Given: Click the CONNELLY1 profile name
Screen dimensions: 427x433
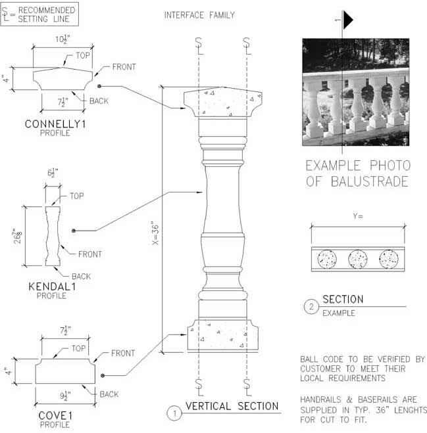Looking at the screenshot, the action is [x=55, y=124].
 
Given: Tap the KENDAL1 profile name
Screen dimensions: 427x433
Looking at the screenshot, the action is [x=52, y=286].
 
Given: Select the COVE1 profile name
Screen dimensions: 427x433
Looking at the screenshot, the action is [x=55, y=416].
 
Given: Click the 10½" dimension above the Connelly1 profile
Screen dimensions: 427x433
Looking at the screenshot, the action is [x=63, y=39].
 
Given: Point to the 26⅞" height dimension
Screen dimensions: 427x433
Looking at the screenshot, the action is [x=18, y=236].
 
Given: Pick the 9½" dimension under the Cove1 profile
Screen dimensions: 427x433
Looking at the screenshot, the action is [x=65, y=396].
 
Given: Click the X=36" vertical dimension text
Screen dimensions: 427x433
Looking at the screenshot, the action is [x=155, y=233].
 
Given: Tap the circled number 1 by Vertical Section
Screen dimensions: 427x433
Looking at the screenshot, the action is [x=174, y=413].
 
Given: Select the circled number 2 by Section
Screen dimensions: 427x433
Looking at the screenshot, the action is [x=311, y=307].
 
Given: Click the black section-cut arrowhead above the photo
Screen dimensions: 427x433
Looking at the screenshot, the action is [x=348, y=20].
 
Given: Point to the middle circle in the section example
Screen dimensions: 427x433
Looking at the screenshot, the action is [x=358, y=260].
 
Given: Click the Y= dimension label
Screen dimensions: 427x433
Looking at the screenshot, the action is [x=358, y=216].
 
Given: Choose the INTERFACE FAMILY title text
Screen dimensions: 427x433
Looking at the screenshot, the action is [x=199, y=15].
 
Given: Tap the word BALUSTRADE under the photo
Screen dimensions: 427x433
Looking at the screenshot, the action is [x=370, y=181].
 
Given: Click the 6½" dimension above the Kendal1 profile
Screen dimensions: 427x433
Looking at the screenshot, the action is [x=53, y=173].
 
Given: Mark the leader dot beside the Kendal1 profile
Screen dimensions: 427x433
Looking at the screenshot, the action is [x=74, y=231].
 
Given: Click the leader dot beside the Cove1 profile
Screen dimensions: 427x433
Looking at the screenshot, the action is [x=103, y=376].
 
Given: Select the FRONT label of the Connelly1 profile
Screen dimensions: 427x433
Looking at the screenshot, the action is [x=124, y=67].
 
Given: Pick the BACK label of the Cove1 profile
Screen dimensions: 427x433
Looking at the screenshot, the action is [x=109, y=394].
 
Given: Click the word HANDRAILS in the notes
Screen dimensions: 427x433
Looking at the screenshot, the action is [x=320, y=399].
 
